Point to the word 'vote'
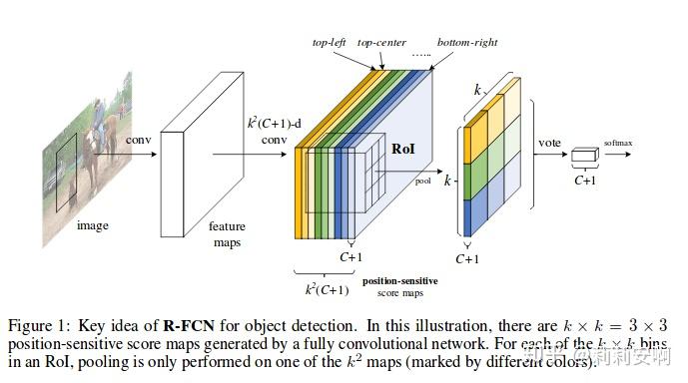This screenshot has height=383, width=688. (549, 143)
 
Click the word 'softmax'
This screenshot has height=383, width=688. (617, 144)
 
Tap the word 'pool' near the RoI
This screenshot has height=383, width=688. (423, 182)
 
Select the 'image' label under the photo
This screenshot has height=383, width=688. (93, 225)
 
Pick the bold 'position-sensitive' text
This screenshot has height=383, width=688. (399, 281)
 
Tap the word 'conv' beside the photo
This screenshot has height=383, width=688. (138, 139)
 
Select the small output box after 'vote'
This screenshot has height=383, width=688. (583, 160)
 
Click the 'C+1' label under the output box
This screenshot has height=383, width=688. (584, 182)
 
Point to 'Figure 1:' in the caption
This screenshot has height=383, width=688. (36, 326)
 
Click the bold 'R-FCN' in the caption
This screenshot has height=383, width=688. (185, 326)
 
